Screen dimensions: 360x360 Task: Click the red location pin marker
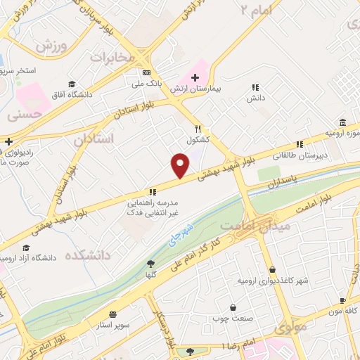coord(181,165)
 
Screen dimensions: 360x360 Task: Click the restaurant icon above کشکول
coord(198,129)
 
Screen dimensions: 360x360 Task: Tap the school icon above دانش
coord(255,88)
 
